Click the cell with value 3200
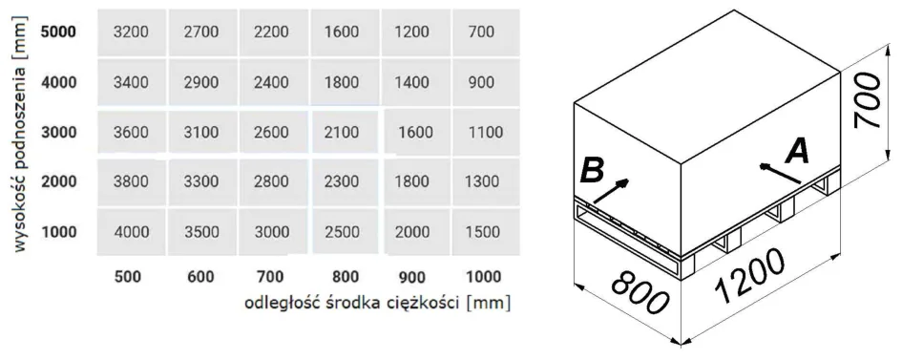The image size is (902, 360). click(131, 32)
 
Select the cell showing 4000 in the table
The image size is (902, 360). click(131, 232)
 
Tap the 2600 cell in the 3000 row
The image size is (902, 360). click(271, 133)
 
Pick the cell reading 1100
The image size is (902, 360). click(486, 133)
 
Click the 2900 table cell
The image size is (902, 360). click(201, 83)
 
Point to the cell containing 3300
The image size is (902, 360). click(201, 182)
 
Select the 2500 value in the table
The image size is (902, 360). click(343, 232)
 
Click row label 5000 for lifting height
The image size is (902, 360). click(58, 32)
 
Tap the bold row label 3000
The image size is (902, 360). click(58, 133)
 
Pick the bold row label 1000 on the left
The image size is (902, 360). click(58, 232)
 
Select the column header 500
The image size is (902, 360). click(128, 277)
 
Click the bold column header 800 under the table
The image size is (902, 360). click(346, 277)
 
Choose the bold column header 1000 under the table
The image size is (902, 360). click(483, 277)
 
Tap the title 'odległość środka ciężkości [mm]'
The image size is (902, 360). click(378, 303)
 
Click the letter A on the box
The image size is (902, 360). click(797, 154)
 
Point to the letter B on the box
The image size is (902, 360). click(592, 171)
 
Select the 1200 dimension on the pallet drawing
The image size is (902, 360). click(749, 276)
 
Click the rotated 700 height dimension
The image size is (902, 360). click(868, 100)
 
